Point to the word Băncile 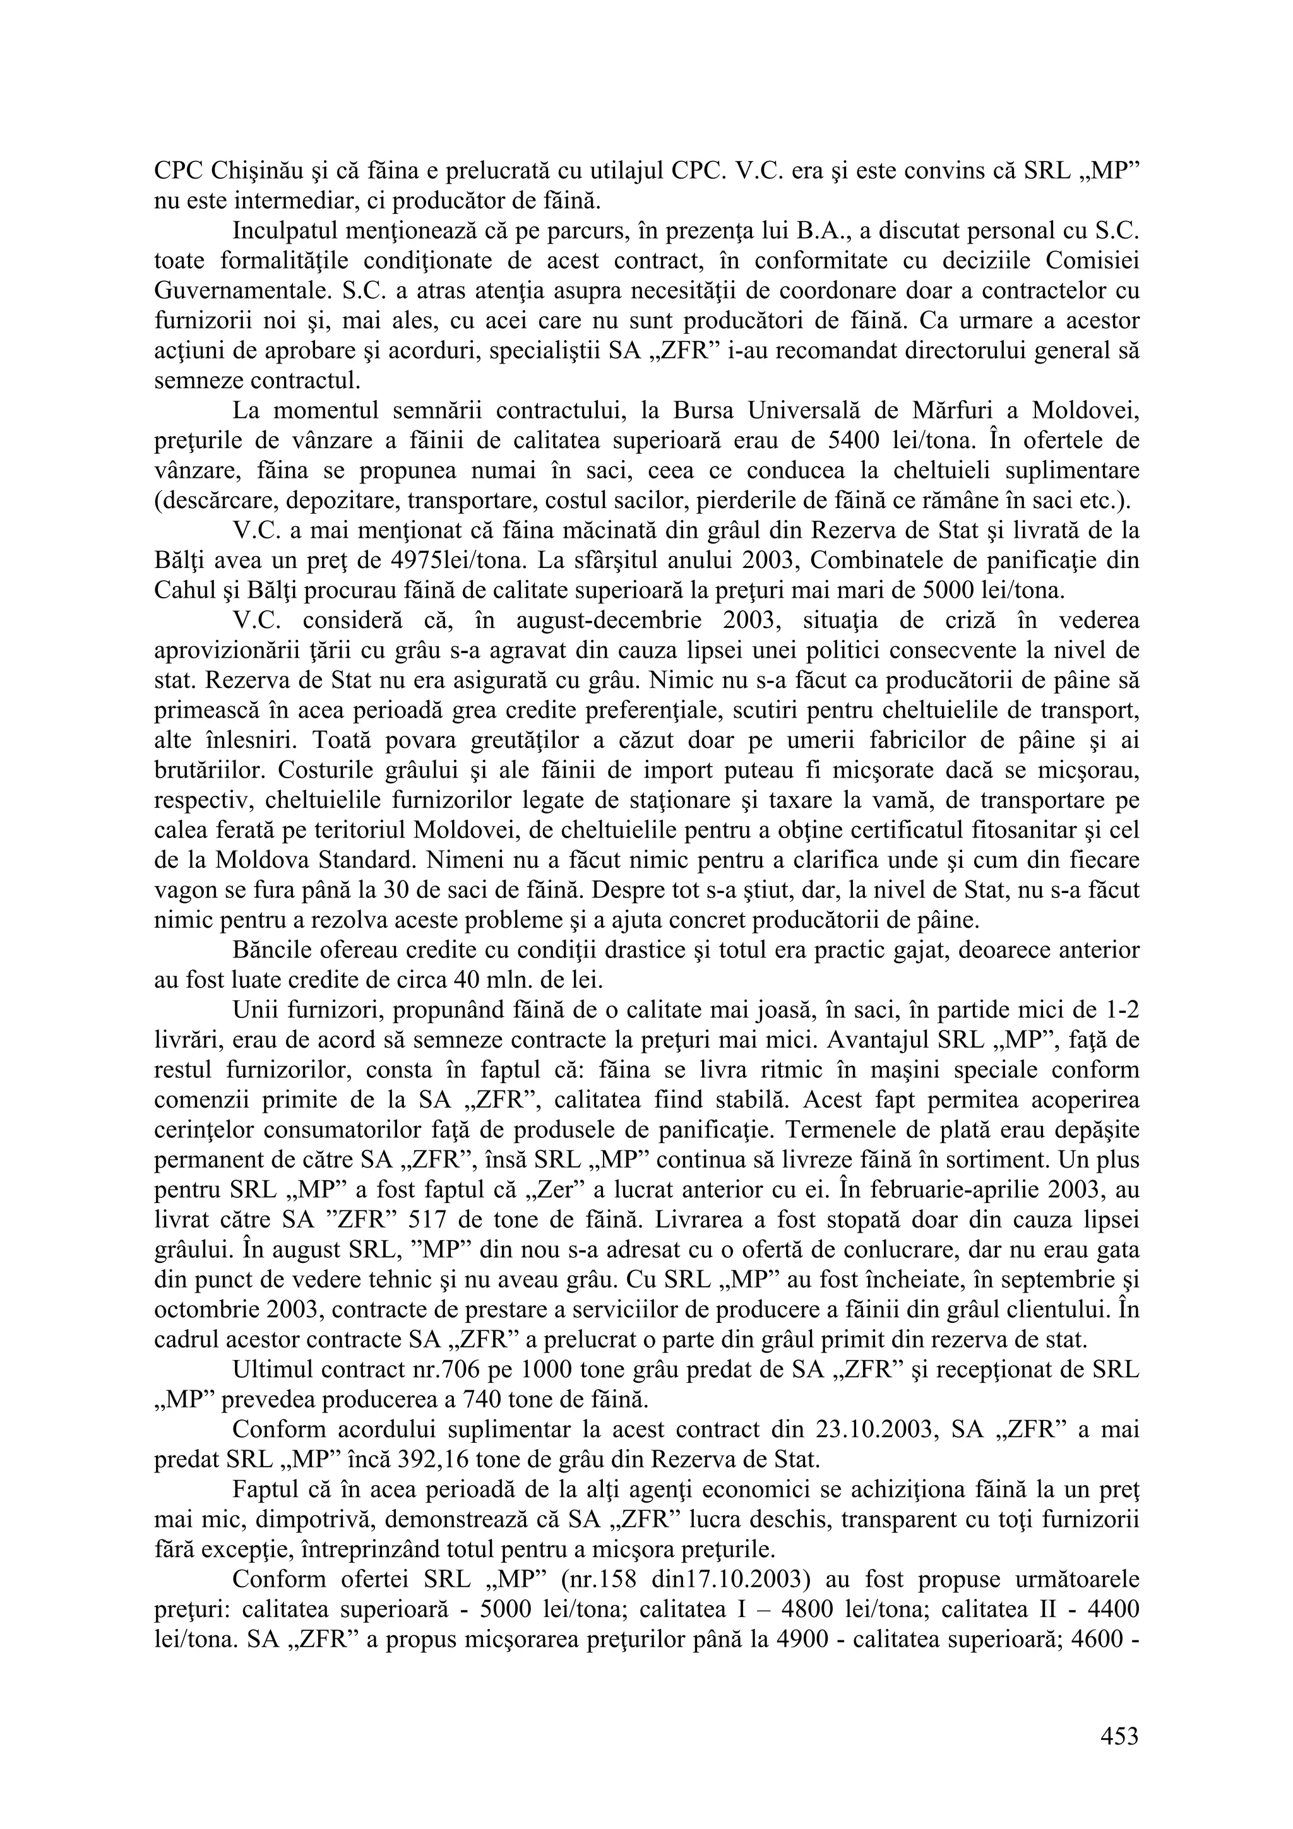pyautogui.click(x=275, y=951)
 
